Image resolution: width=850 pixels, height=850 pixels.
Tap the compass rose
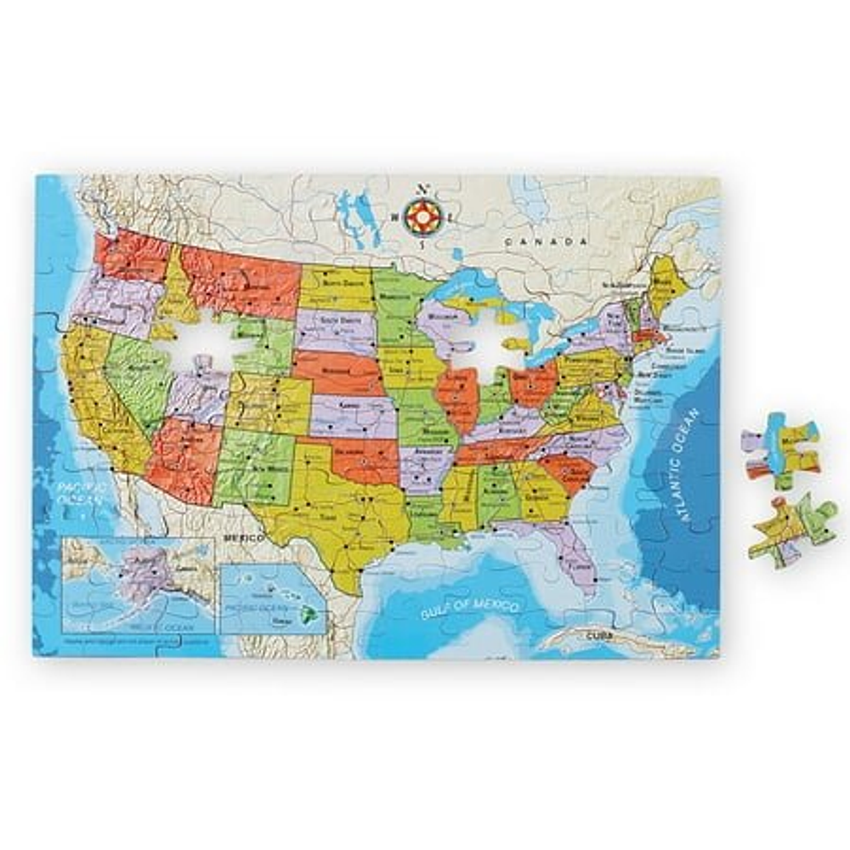(422, 216)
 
